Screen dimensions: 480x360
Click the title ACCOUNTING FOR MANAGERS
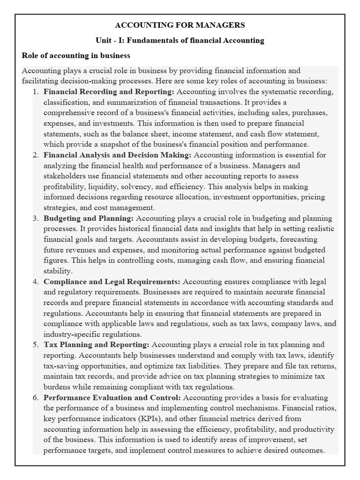[180, 25]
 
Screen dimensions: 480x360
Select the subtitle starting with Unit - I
[180, 40]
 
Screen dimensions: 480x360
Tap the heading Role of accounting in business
[76, 56]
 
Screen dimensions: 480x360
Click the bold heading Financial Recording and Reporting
[109, 92]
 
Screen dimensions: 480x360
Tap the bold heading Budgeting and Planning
[89, 218]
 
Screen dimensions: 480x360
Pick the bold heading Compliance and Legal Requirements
[112, 282]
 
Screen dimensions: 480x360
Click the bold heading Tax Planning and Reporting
[97, 345]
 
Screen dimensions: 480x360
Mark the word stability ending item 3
[58, 271]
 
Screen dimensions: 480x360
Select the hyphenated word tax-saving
[61, 366]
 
